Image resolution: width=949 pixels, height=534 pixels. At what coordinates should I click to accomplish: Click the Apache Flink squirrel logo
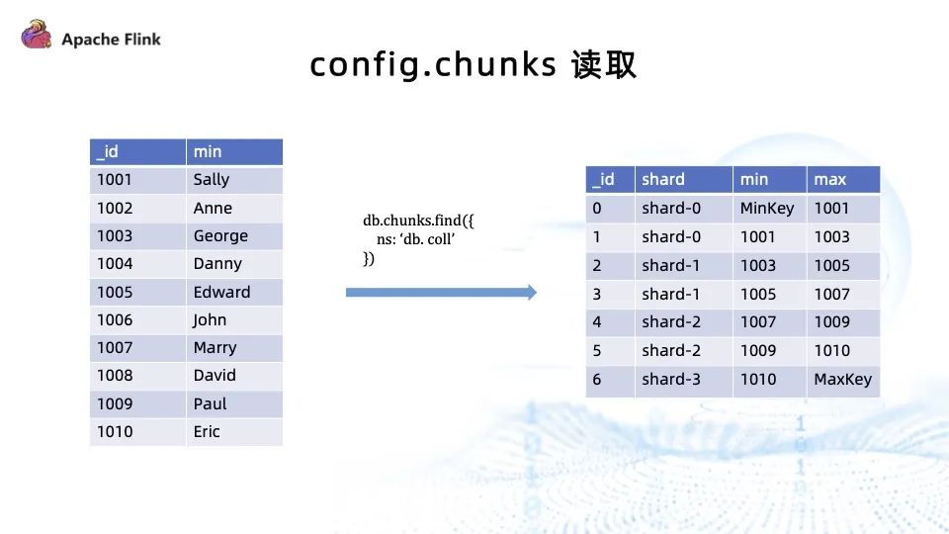36,37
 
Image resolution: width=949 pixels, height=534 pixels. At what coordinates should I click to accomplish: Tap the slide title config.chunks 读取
473,65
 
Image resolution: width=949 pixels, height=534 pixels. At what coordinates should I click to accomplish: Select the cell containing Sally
233,180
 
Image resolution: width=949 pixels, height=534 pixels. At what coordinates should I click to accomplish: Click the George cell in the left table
233,236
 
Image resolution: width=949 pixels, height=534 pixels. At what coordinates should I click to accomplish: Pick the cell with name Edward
233,293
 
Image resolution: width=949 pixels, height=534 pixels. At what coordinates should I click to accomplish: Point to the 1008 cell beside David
136,376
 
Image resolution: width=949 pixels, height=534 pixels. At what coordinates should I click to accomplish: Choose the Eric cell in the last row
233,432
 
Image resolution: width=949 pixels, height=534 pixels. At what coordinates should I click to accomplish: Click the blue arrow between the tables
441,293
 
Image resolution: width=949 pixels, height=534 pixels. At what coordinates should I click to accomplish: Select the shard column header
682,179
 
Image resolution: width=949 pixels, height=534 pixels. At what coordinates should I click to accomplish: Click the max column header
842,179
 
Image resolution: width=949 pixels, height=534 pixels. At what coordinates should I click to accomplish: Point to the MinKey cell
768,209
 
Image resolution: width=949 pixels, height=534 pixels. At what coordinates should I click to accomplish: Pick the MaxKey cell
842,380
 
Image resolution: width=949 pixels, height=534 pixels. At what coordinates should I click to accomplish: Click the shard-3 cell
682,380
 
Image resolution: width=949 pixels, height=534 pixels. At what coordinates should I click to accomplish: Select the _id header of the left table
136,151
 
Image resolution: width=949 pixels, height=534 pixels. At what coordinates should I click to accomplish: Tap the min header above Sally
233,151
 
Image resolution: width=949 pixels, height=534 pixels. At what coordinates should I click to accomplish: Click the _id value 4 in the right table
609,322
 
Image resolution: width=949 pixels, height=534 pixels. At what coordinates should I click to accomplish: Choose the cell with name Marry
233,348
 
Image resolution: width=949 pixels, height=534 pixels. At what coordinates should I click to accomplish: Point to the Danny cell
233,264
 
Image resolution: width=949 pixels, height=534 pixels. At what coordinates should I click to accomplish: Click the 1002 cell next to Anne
136,209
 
